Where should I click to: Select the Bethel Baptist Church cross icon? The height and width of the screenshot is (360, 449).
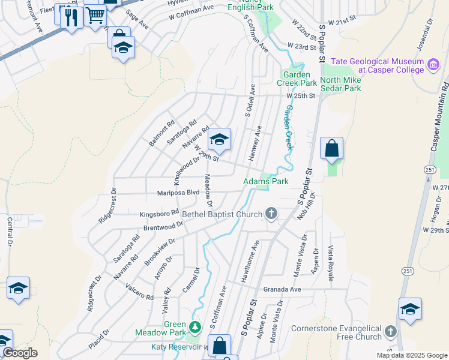[x=271, y=214]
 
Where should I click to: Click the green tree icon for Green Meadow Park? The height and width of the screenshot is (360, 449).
[x=194, y=327]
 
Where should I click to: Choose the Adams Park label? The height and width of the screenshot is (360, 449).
[x=265, y=181]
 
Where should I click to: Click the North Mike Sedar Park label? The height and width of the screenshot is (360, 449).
[x=340, y=84]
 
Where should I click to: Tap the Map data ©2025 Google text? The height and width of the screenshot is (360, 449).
[x=412, y=355]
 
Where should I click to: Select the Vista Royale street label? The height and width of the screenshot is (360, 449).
[x=330, y=263]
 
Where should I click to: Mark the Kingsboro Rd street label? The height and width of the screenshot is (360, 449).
[x=159, y=213]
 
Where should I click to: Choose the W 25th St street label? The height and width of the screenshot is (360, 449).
[x=301, y=96]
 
